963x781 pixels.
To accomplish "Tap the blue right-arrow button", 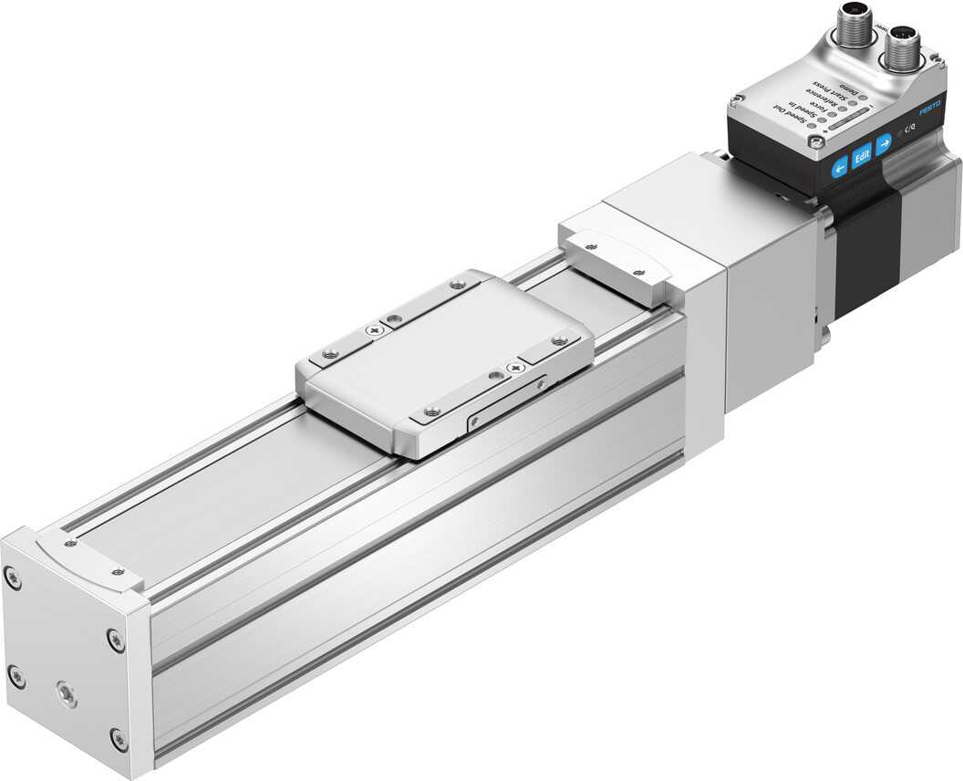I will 883,144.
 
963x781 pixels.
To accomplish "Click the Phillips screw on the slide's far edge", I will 374,329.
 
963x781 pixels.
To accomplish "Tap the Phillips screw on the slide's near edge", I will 517,367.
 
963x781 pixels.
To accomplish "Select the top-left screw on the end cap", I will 11,577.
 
